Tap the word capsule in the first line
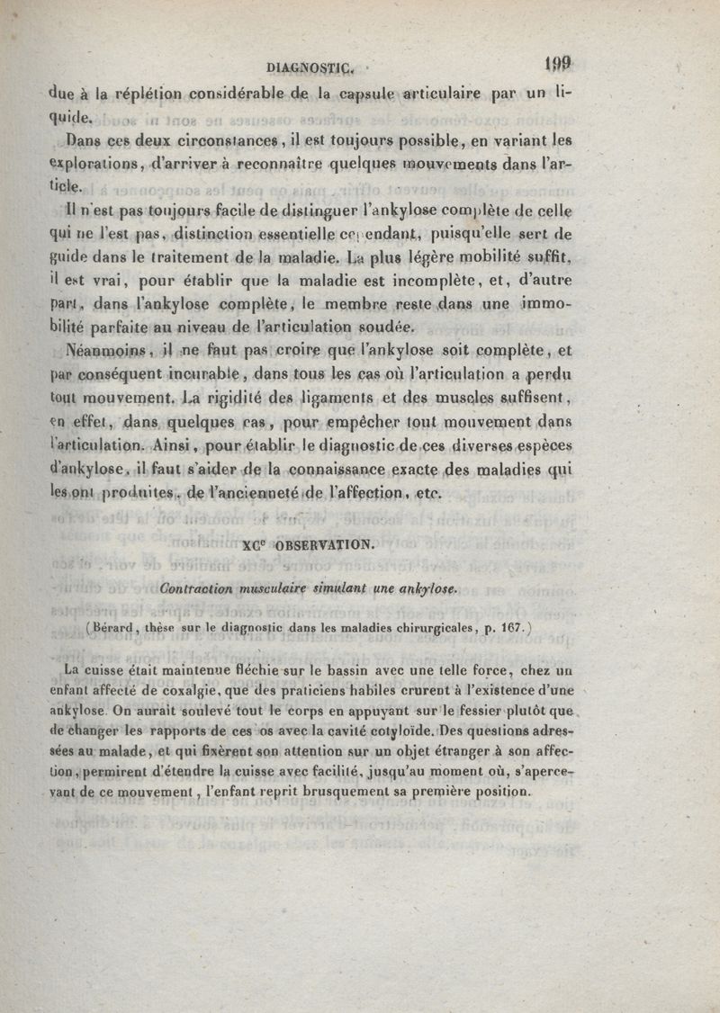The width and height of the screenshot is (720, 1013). pyautogui.click(x=363, y=91)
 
